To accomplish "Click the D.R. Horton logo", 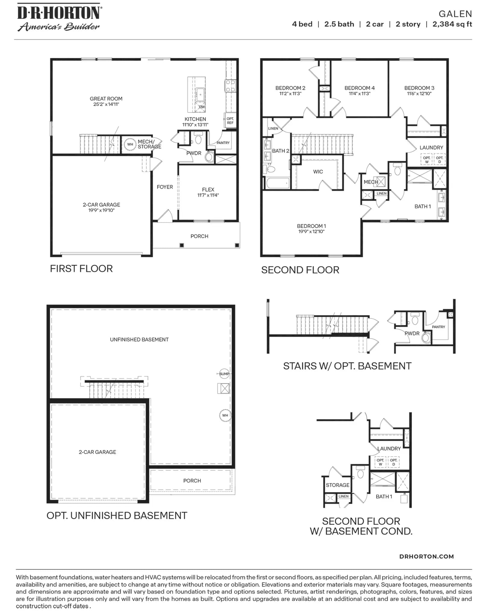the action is pyautogui.click(x=59, y=17).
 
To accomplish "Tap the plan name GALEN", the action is pyautogui.click(x=455, y=14).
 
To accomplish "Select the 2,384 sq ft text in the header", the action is pyautogui.click(x=452, y=24).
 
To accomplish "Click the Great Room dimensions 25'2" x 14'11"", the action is pyautogui.click(x=106, y=104).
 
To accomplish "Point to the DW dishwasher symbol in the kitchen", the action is pyautogui.click(x=202, y=106).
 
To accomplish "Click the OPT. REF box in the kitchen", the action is pyautogui.click(x=230, y=120).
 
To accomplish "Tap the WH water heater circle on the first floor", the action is pyautogui.click(x=130, y=144).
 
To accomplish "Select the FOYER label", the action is pyautogui.click(x=165, y=187).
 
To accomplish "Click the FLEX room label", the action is pyautogui.click(x=208, y=189).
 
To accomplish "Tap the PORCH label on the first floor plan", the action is pyautogui.click(x=199, y=236).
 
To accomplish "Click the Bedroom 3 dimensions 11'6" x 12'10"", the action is pyautogui.click(x=419, y=94).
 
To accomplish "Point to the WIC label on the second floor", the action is pyautogui.click(x=318, y=172).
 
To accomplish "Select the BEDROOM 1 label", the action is pyautogui.click(x=311, y=226).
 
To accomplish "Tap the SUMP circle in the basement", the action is pyautogui.click(x=224, y=374).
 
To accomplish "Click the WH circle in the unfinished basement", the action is pyautogui.click(x=225, y=415).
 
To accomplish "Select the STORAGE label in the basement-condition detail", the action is pyautogui.click(x=337, y=485).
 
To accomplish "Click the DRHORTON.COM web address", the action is pyautogui.click(x=426, y=557).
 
